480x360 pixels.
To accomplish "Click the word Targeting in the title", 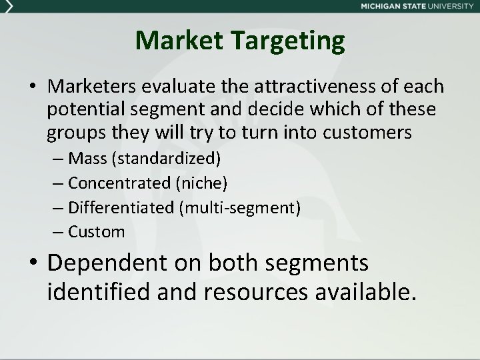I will pyautogui.click(x=289, y=42).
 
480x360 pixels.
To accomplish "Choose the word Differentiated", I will pyautogui.click(x=121, y=207).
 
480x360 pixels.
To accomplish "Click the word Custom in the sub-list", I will pyautogui.click(x=96, y=232).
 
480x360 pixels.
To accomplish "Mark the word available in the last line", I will pyautogui.click(x=379, y=291).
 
